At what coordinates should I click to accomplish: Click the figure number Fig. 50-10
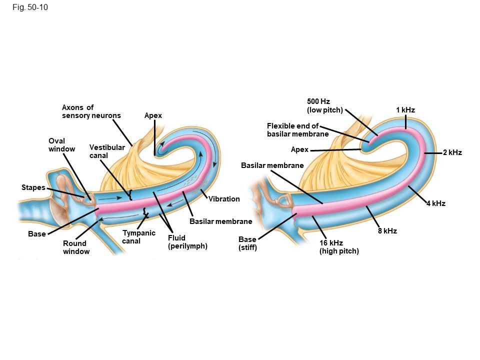[31, 7]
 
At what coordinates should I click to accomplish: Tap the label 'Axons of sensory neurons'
[91, 111]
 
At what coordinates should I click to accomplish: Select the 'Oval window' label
[61, 145]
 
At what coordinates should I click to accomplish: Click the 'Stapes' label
[33, 187]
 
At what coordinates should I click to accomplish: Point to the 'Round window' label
[76, 247]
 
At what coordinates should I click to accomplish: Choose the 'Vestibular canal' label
[107, 151]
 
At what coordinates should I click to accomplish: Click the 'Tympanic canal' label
[138, 237]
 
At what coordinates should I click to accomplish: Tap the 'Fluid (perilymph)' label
[187, 242]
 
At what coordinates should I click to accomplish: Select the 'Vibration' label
[224, 199]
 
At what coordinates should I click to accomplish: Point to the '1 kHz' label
[405, 110]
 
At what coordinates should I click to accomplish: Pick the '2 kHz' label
[452, 152]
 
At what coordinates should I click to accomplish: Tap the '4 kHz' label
[435, 203]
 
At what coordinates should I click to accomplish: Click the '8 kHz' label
[387, 231]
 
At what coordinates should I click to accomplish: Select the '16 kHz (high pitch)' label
[339, 247]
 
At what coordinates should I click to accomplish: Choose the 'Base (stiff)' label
[247, 243]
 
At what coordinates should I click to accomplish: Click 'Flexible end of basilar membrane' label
[297, 130]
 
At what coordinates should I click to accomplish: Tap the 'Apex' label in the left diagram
[153, 116]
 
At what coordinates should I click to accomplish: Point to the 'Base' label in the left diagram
[37, 234]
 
